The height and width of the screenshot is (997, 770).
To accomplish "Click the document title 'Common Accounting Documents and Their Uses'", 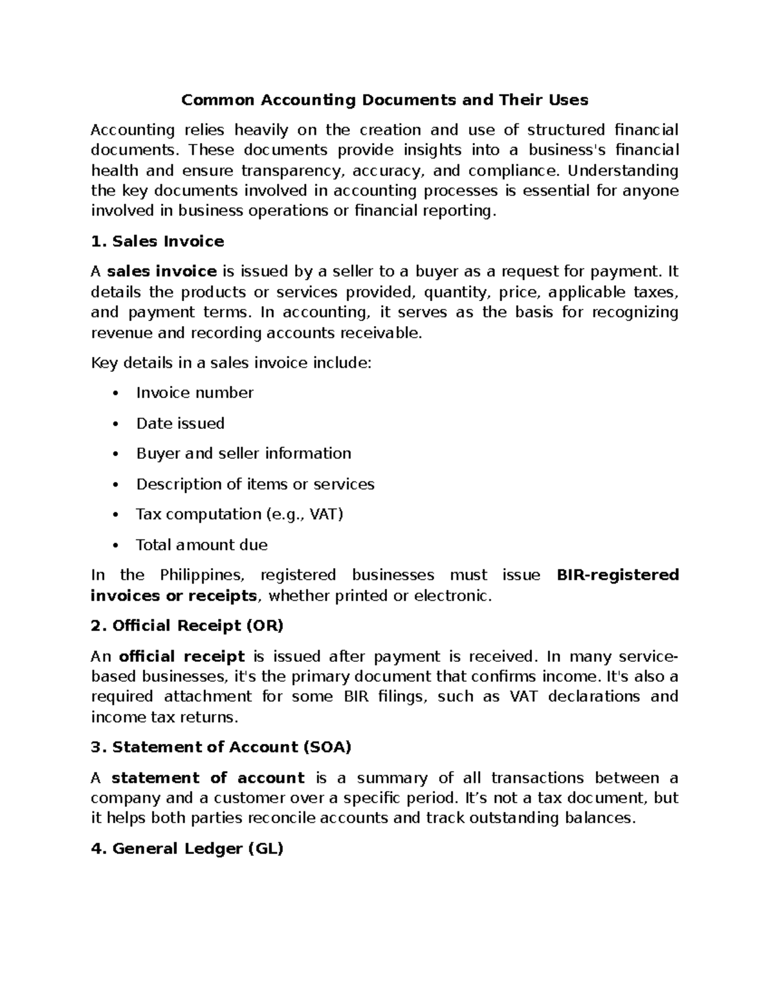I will coord(384,100).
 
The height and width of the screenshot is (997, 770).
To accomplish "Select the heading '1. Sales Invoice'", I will coord(157,241).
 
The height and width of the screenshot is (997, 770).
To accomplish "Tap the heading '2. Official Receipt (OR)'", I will coord(187,626).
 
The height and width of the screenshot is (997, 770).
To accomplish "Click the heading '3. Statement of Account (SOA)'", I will coord(221,747).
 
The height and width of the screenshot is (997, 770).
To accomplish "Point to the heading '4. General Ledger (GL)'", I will coord(187,849).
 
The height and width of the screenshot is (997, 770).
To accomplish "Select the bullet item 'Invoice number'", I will coord(194,393).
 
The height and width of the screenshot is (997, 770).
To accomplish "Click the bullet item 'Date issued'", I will coord(180,424).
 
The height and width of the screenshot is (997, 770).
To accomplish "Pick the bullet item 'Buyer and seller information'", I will coord(243,454).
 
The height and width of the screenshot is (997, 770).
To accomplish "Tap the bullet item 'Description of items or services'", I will coord(255,484).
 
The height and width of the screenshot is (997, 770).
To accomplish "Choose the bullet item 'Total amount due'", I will coord(201,545).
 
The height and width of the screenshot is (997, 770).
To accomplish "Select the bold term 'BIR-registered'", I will coord(617,575).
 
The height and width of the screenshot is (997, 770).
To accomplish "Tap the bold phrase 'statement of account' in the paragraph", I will coord(208,778).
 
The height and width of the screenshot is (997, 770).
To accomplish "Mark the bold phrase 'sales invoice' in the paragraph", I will coord(162,272).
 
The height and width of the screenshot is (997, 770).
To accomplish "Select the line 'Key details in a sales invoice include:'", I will coord(231,363).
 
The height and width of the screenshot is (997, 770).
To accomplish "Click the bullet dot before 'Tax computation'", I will coord(115,515).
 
